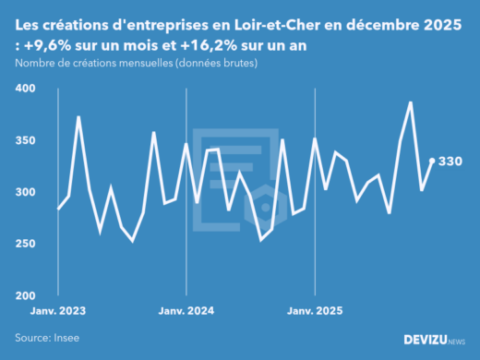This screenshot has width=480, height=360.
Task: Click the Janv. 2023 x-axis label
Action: [x=58, y=311]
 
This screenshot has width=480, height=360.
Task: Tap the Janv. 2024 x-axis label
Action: [x=186, y=311]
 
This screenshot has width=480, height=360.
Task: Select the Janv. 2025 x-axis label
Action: [x=315, y=311]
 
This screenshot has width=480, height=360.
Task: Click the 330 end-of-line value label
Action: [x=450, y=162]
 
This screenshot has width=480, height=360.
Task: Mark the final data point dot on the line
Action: [x=432, y=161]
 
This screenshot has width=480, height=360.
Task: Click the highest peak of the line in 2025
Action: [x=411, y=102]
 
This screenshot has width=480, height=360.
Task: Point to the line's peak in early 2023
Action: [x=78, y=117]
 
